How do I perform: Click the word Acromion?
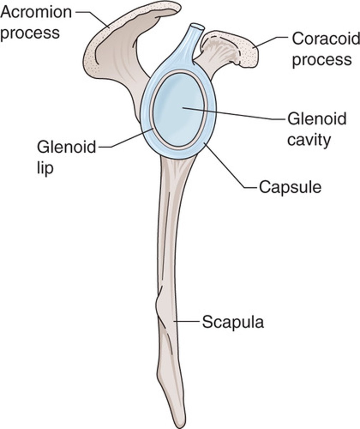click(36, 13)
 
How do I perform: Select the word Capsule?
click(290, 187)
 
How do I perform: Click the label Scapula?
click(233, 322)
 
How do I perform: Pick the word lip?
click(45, 168)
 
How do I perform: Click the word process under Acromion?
click(30, 33)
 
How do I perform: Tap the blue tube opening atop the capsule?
click(196, 27)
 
